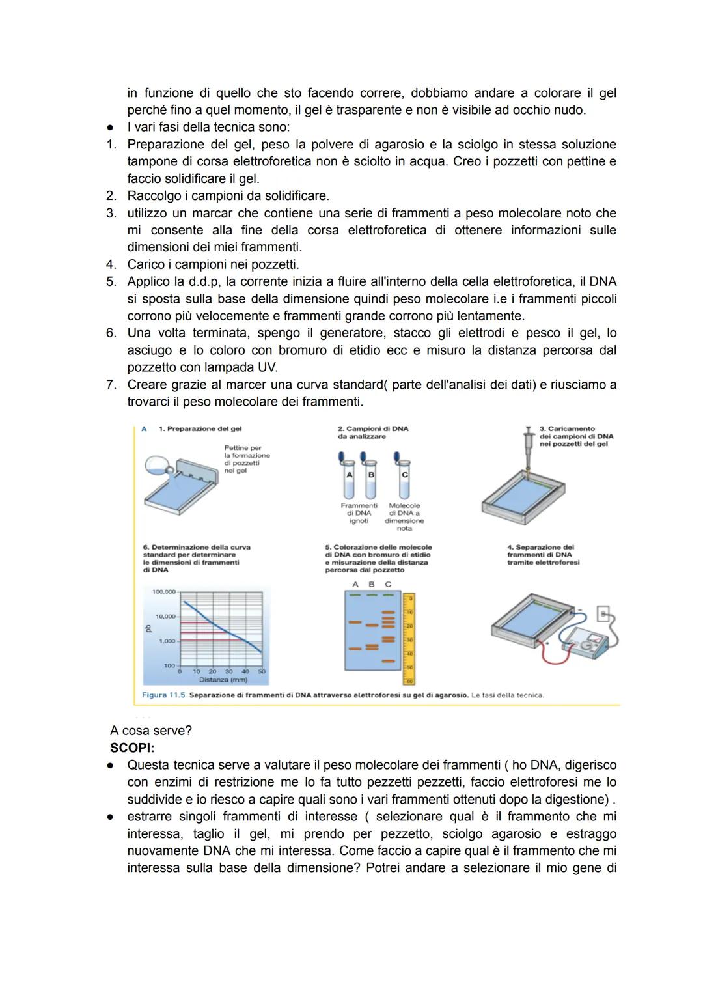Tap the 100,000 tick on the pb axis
click(164, 591)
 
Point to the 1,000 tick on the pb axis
click(167, 641)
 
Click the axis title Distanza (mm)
click(223, 680)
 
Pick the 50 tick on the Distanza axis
click(262, 671)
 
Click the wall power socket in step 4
click(603, 613)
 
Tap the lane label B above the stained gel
click(372, 584)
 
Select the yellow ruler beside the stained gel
click(409, 638)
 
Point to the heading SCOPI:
click(132, 748)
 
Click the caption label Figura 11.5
click(163, 695)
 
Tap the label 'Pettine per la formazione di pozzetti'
click(247, 459)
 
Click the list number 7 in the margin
click(111, 384)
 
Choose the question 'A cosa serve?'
click(150, 731)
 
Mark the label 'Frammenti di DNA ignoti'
click(359, 513)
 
